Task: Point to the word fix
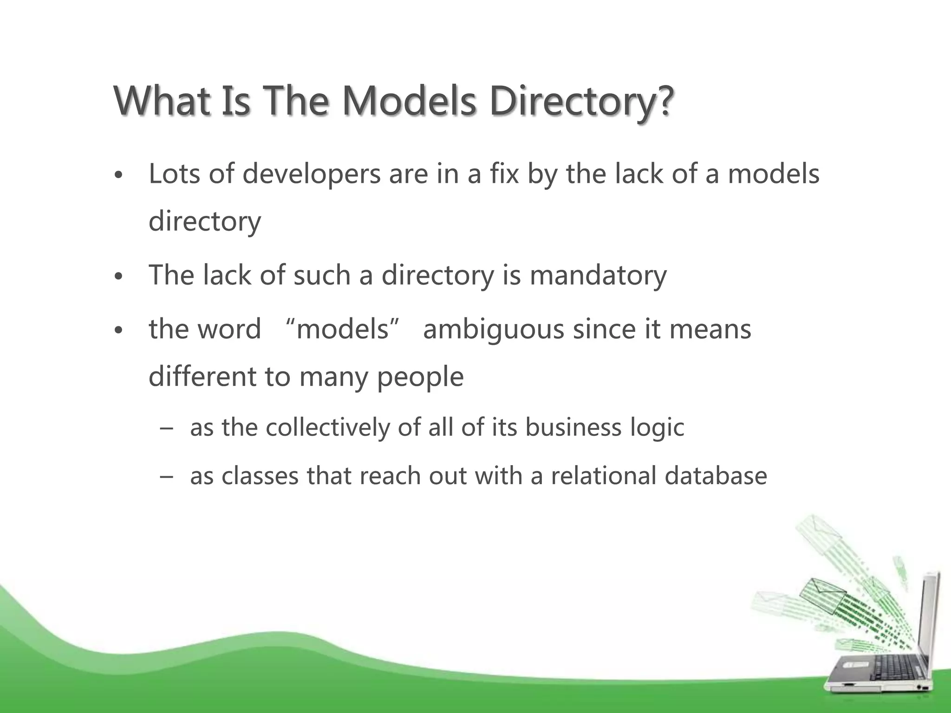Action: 504,174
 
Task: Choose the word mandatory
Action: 598,275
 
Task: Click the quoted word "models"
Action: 342,329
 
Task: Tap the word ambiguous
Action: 494,330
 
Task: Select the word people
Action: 420,377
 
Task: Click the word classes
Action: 260,476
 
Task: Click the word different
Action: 202,376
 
